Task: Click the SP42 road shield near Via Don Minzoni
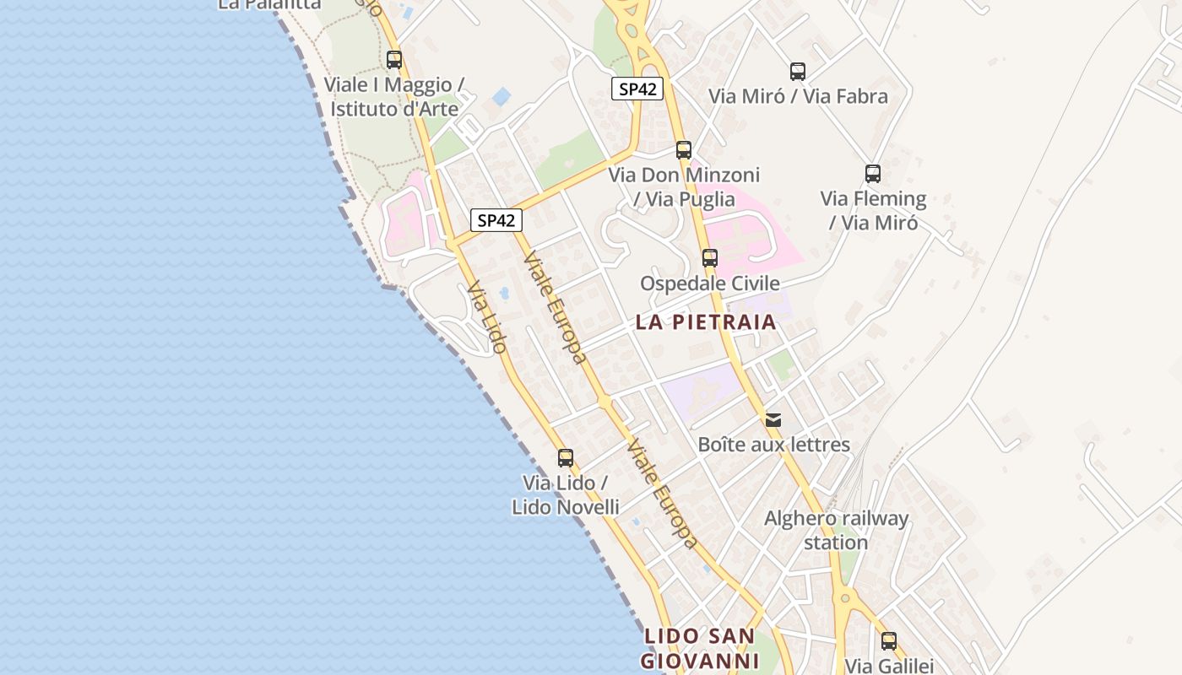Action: coord(637,89)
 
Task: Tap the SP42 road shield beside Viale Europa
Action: coord(496,220)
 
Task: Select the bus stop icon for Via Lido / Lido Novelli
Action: coord(566,458)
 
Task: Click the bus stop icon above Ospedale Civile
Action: coord(710,258)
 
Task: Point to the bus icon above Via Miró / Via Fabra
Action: coord(798,72)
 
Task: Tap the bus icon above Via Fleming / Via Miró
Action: coord(873,174)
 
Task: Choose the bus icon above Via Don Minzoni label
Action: coord(684,150)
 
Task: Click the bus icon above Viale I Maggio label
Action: coord(394,60)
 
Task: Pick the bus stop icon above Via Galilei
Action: coord(889,640)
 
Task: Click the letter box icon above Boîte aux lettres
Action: coord(773,419)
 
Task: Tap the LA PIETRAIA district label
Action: coord(706,321)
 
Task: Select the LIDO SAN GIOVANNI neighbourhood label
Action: coord(699,648)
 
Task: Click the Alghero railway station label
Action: coord(836,530)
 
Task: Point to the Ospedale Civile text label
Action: coord(710,283)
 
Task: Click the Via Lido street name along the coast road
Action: coord(487,316)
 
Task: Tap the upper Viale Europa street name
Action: coord(555,307)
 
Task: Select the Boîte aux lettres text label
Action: coord(773,445)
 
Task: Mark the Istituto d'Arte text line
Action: coord(394,109)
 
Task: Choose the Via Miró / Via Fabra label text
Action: coord(798,96)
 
